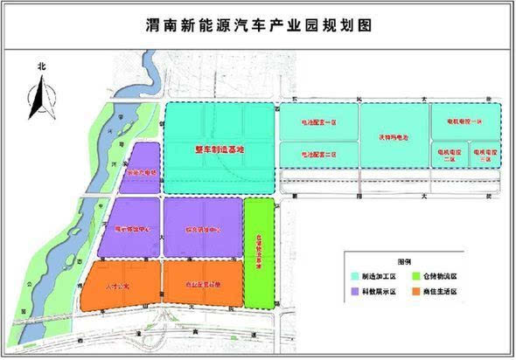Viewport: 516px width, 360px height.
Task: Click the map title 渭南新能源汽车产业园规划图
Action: coord(258,24)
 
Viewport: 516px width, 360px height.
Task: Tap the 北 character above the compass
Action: coord(40,66)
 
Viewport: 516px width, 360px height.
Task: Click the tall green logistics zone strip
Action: coord(259,253)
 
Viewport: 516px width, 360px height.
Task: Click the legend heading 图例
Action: coord(404,261)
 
